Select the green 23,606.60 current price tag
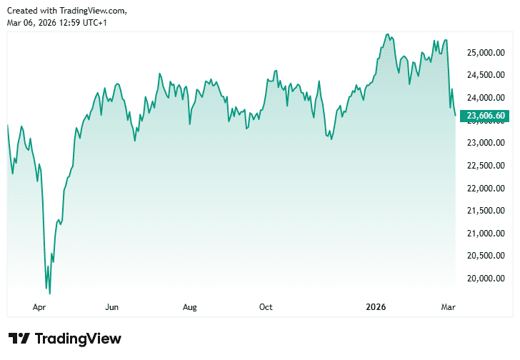coord(486,116)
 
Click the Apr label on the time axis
coord(39,307)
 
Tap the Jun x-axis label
coord(111,307)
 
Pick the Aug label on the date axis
coord(189,307)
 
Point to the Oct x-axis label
coord(266,307)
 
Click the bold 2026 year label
coord(376,307)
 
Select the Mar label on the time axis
coord(449,307)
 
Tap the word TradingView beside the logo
coord(78,339)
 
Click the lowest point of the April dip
coord(49,293)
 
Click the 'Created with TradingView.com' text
coord(67,10)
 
